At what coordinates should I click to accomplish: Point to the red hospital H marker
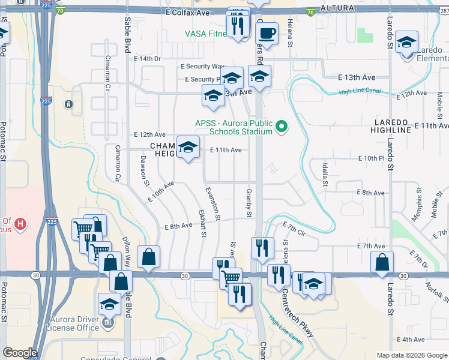point(20,225)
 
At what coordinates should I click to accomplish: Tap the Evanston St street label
point(212,204)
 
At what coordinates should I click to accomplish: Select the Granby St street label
point(248,203)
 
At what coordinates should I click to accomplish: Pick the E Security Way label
point(203,66)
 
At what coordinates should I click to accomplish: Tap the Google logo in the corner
point(19,353)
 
